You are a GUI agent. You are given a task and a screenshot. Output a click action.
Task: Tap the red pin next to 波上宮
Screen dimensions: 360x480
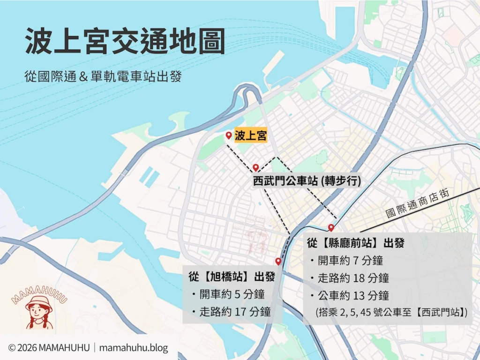(x=228, y=135)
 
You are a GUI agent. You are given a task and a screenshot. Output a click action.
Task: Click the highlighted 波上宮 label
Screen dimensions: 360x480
(x=251, y=136)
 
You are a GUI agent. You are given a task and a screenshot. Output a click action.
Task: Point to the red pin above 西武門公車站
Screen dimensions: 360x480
(x=255, y=167)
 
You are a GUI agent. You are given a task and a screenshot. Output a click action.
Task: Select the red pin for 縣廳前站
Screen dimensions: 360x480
(x=331, y=228)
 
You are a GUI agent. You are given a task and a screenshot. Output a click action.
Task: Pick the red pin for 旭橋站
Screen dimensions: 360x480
(x=278, y=261)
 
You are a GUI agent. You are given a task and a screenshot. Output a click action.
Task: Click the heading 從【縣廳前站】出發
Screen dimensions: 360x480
(x=356, y=244)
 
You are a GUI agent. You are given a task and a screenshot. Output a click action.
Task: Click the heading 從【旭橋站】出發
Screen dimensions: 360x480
(x=232, y=277)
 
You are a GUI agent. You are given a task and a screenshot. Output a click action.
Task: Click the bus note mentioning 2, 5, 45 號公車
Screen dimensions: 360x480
(x=392, y=312)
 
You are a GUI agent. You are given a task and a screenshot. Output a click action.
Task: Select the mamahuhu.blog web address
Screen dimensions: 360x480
(x=134, y=348)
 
